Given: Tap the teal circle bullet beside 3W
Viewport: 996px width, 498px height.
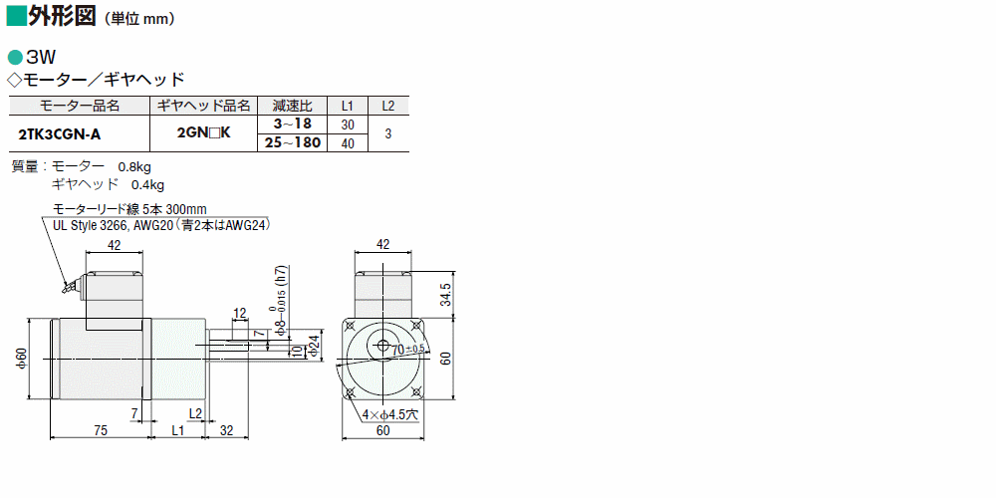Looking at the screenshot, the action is pyautogui.click(x=15, y=58).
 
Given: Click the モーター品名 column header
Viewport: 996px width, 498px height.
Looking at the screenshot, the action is pyautogui.click(x=80, y=106).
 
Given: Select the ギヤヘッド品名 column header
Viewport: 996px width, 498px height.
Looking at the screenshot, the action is pyautogui.click(x=203, y=106).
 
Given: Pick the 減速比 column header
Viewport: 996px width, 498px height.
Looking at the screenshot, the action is pyautogui.click(x=292, y=106).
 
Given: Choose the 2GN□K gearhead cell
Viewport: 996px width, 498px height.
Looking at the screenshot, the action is pyautogui.click(x=203, y=134).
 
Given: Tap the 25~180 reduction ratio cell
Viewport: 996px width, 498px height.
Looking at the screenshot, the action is pyautogui.click(x=292, y=143).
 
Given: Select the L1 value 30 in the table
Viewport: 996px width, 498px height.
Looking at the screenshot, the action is pyautogui.click(x=348, y=124).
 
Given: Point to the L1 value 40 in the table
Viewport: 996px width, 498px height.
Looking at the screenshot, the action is pyautogui.click(x=348, y=143).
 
